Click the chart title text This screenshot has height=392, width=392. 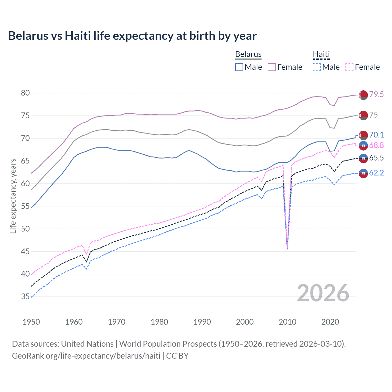click(132, 36)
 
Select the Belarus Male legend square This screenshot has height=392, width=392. click(239, 67)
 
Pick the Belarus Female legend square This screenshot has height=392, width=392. click(272, 67)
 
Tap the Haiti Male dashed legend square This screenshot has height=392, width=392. click(317, 67)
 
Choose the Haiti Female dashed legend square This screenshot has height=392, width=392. click(349, 67)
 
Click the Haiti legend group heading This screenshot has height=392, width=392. click(321, 55)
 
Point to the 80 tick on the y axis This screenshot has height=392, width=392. click(25, 93)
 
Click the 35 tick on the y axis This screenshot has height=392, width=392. click(25, 296)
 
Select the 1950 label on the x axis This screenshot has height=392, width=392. click(31, 322)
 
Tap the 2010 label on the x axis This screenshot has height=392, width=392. click(287, 322)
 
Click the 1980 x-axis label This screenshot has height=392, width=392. click(159, 322)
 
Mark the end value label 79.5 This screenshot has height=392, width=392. click(376, 94)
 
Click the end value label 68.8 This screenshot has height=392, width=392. click(376, 145)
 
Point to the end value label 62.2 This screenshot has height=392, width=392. click(376, 173)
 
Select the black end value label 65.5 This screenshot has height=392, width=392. click(376, 158)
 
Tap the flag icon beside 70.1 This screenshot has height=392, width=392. click(363, 135)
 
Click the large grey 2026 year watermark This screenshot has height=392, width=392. click(323, 293)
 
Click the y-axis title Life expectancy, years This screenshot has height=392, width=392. click(13, 196)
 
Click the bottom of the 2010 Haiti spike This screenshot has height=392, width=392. click(287, 248)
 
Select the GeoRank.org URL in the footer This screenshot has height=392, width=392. click(86, 356)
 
